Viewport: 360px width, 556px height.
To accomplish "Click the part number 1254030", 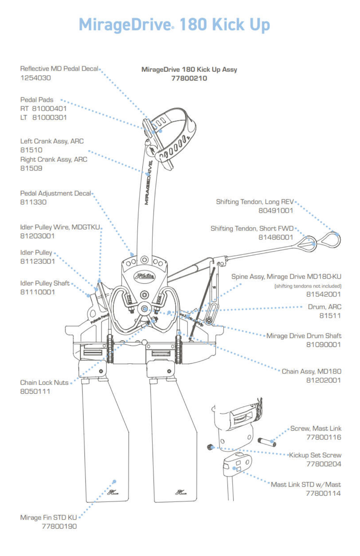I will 36,78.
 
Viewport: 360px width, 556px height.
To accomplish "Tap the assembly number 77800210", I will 189,78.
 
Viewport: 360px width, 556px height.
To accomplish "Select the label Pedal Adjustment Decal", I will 56,193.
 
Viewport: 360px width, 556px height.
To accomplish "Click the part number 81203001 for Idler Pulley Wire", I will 37,236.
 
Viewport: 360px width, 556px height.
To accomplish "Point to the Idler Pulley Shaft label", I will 45,283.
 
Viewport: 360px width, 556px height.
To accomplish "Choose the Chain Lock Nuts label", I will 44,382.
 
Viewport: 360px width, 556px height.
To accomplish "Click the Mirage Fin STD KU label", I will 48,517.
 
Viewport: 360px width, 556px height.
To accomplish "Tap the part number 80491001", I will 276,210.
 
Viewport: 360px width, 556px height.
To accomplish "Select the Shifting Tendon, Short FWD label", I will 252,228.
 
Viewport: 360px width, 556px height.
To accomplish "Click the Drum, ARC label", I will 324,307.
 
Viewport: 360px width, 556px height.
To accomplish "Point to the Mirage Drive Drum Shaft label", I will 304,336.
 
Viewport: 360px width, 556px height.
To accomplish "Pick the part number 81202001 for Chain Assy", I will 323,380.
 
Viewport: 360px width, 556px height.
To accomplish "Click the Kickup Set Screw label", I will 315,455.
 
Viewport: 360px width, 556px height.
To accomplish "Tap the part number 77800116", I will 324,437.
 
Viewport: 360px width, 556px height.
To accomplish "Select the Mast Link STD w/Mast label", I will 306,484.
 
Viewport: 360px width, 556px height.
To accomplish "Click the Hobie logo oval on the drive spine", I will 144,276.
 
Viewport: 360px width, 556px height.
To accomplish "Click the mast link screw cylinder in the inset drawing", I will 267,442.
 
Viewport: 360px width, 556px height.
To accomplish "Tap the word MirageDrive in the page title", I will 125,25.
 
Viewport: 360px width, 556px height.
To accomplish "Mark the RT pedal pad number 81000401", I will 49,109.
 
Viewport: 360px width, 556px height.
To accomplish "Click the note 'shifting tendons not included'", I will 308,286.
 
